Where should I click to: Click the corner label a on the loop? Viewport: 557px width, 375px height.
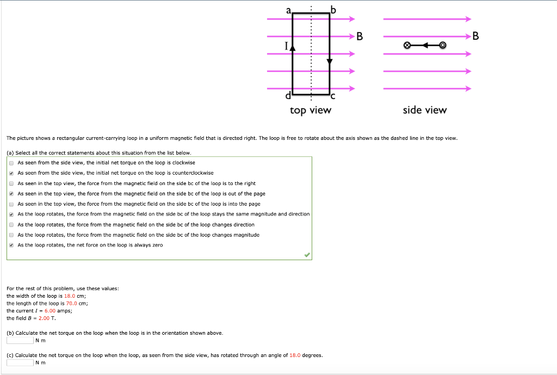tap(289, 9)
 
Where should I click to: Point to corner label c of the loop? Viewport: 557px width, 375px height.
tap(333, 96)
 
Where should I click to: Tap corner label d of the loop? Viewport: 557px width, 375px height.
tap(288, 96)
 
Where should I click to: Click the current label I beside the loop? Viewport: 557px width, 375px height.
tap(286, 47)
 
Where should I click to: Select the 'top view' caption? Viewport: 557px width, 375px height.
tap(310, 110)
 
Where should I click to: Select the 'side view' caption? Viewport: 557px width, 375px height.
tap(424, 110)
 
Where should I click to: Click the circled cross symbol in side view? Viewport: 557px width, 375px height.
tap(407, 45)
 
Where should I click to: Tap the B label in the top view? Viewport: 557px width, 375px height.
tap(360, 37)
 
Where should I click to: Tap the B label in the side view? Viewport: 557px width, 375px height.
tap(476, 37)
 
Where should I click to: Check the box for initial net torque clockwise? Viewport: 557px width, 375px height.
tap(11, 163)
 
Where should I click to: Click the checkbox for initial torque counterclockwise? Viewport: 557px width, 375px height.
tap(11, 173)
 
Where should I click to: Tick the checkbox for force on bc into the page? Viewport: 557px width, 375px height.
tap(11, 204)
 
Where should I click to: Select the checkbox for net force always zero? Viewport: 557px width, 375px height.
tap(11, 245)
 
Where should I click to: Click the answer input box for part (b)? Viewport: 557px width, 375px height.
tap(20, 341)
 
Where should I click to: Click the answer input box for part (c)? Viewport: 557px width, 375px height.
tap(20, 363)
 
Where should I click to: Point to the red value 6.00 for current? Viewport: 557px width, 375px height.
tap(50, 311)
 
